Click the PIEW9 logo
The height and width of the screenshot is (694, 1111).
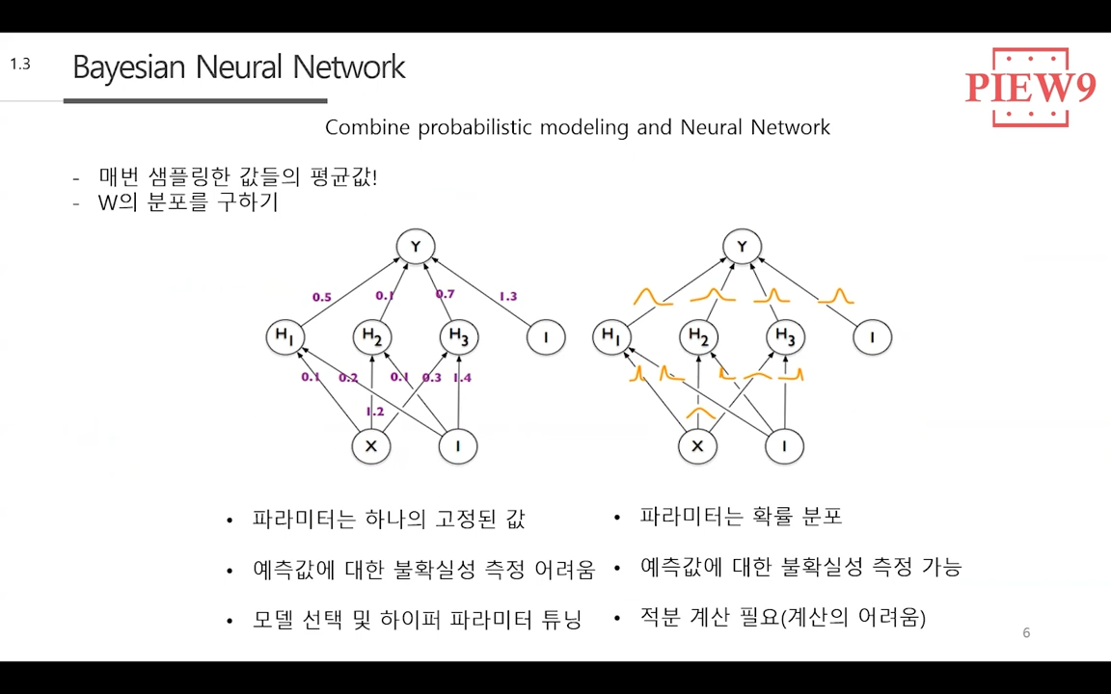click(x=1030, y=88)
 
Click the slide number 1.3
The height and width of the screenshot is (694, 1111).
click(x=20, y=65)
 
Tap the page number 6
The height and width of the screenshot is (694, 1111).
click(x=1026, y=633)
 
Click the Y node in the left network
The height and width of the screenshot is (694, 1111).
click(x=416, y=247)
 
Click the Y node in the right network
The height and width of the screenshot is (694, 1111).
click(x=742, y=247)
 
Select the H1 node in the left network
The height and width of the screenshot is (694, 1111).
click(x=285, y=336)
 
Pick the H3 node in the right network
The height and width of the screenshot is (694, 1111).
click(x=786, y=337)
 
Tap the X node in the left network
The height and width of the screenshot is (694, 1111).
click(x=370, y=446)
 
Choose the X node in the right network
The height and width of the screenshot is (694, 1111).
click(x=697, y=446)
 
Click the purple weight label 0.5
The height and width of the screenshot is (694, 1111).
click(x=321, y=297)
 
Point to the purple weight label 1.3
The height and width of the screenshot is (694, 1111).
click(x=507, y=296)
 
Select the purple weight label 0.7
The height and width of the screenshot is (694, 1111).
click(x=445, y=294)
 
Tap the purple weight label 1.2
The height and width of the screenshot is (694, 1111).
click(x=374, y=412)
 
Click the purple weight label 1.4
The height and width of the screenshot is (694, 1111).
click(x=462, y=378)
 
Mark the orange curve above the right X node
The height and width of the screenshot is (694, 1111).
click(x=699, y=414)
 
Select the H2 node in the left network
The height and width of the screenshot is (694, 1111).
click(x=372, y=337)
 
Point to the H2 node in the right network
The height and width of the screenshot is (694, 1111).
click(x=699, y=337)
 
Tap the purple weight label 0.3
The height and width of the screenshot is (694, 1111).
click(x=431, y=378)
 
